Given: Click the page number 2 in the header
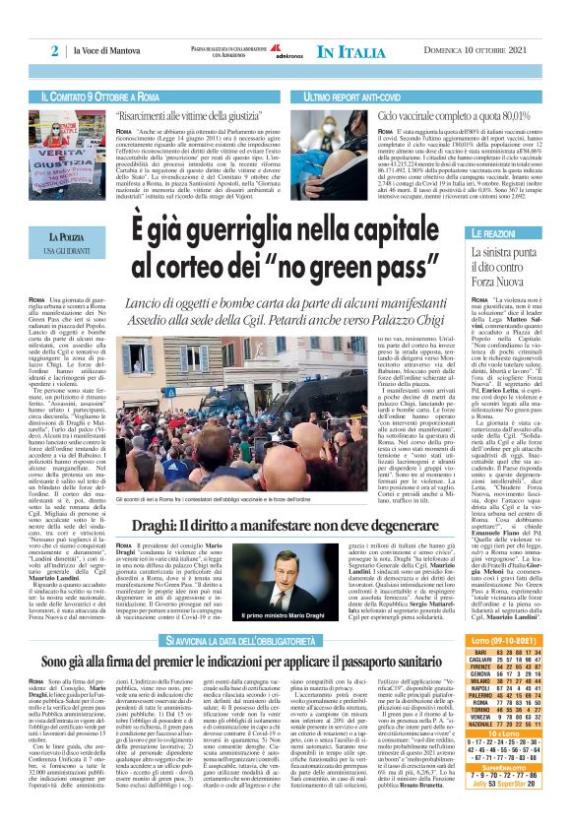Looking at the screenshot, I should click(x=55, y=50).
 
